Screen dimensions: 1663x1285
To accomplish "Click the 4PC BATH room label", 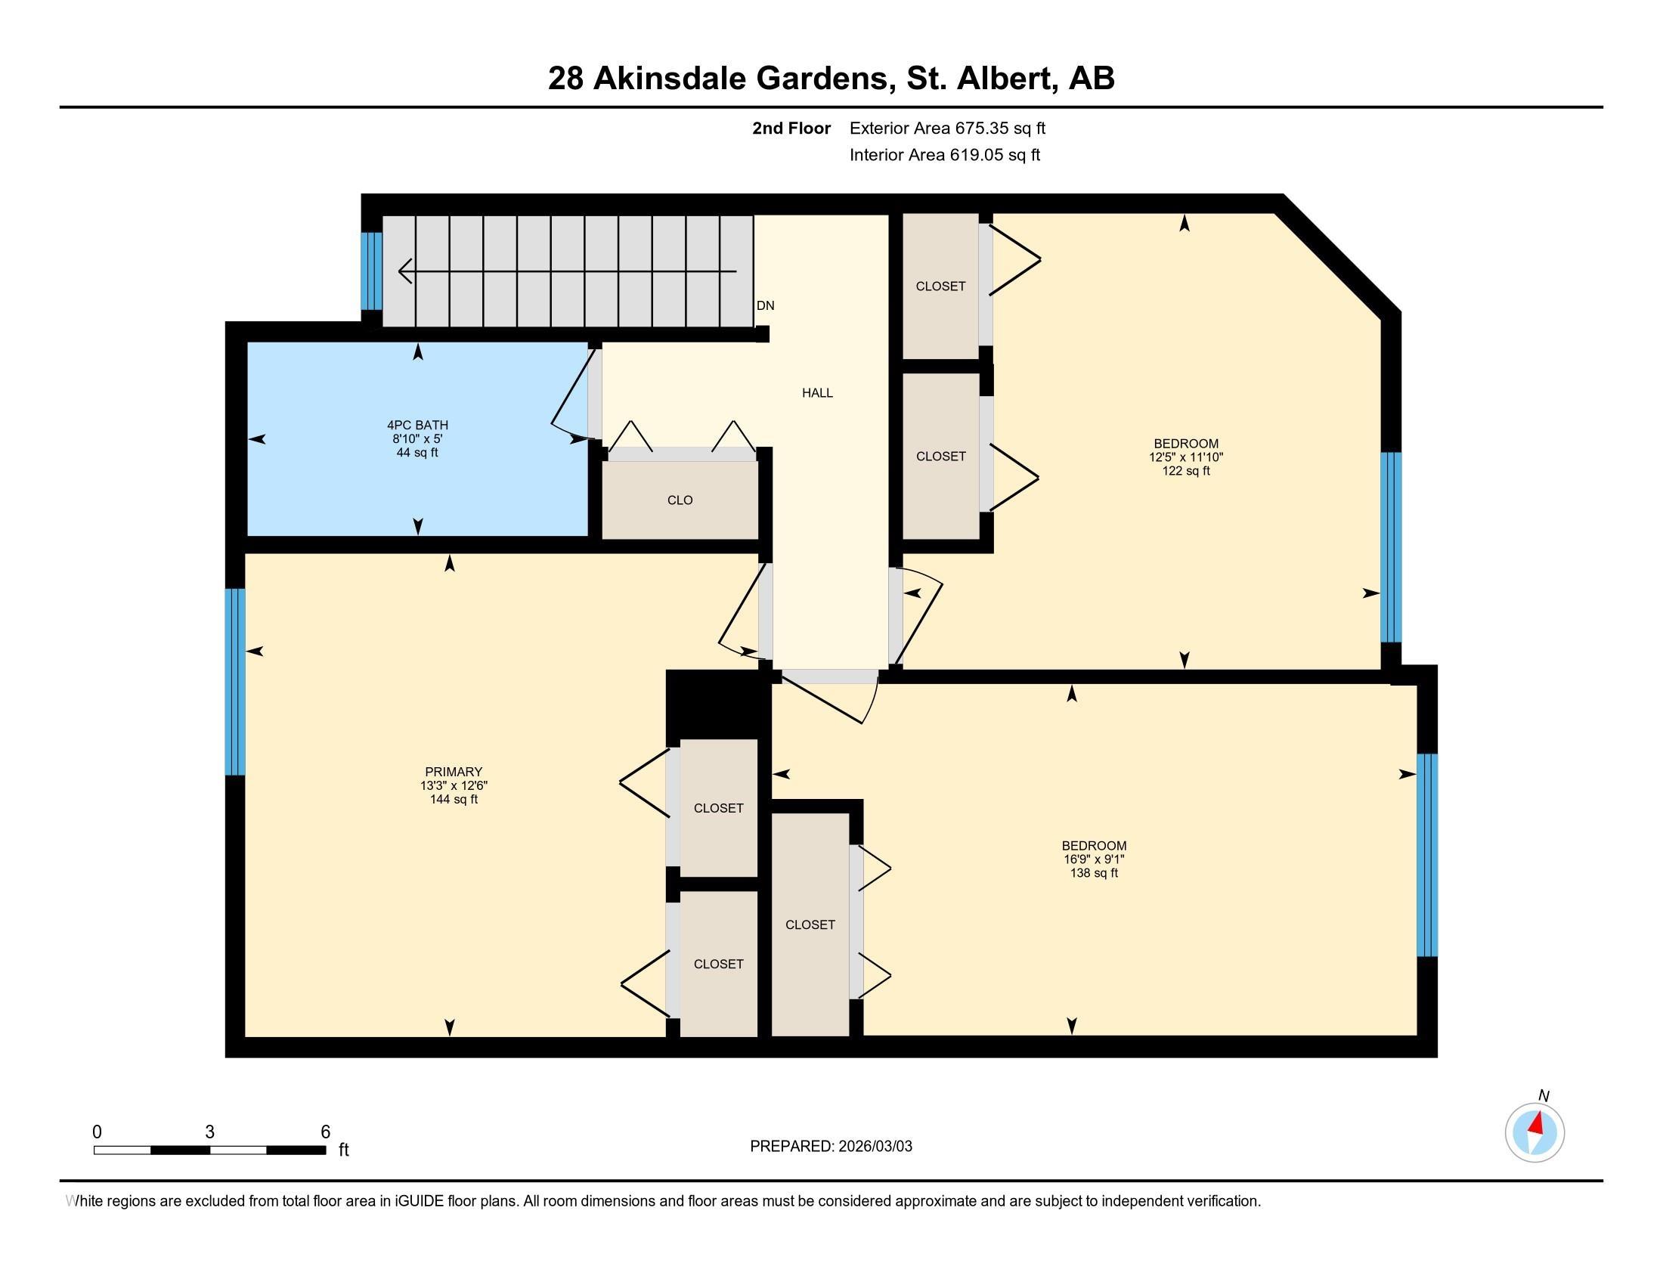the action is pos(417,426).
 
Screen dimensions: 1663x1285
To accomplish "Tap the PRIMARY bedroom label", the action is pos(454,772).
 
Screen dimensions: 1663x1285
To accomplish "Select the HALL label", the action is pos(817,393).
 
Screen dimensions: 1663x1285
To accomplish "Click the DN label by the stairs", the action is pos(765,305).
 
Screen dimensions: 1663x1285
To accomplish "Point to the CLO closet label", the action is pos(680,500).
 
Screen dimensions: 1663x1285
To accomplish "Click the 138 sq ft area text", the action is pos(1095,873).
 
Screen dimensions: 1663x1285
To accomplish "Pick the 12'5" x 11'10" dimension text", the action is pos(1185,457).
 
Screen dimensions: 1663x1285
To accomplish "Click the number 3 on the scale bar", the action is pos(209,1132).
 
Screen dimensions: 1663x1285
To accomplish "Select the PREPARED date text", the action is pos(831,1147).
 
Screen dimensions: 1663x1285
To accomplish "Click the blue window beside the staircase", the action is pos(371,271).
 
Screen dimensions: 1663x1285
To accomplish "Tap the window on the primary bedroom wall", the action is pos(234,682).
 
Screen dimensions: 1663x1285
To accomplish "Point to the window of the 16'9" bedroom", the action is pos(1427,855).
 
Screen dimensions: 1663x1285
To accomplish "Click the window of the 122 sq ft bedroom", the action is pos(1391,547).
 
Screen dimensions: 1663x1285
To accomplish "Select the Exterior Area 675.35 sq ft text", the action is pos(947,128).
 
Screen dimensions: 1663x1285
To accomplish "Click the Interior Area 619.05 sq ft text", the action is pos(945,154).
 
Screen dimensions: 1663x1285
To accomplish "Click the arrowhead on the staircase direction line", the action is pos(405,271).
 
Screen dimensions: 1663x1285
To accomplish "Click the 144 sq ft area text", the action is pos(454,799).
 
